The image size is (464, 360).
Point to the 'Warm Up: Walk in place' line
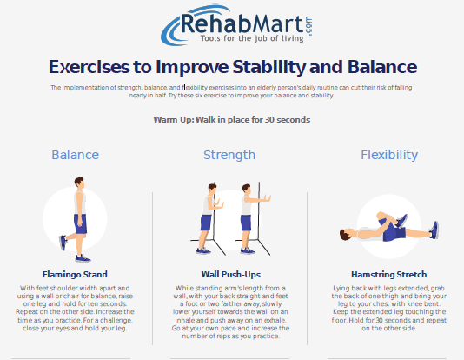[x=231, y=118]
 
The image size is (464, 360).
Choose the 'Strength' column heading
[x=229, y=155]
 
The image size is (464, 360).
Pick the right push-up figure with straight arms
[x=247, y=217]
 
